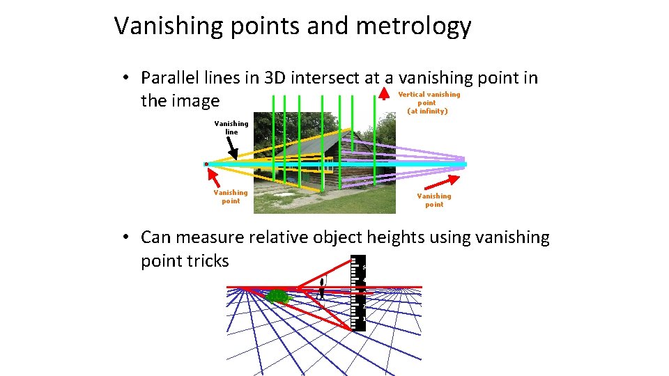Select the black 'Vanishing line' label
point(231,127)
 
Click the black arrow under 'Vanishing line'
point(232,148)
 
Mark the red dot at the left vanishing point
point(206,164)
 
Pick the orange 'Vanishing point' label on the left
point(230,196)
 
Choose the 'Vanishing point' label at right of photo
point(433,200)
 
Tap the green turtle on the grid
point(278,297)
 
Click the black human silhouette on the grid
point(321,288)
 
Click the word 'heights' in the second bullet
point(387,237)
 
